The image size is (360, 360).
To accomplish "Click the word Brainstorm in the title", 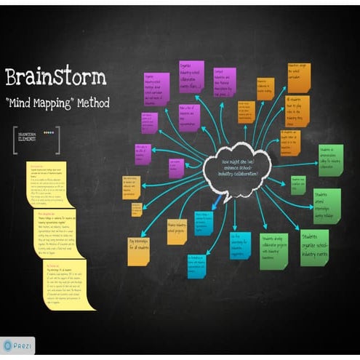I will (x=56, y=77).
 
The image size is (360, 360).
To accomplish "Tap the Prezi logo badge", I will (x=18, y=345).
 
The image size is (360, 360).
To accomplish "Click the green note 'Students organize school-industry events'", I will (x=314, y=247).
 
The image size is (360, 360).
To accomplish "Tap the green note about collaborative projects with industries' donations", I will (x=273, y=249).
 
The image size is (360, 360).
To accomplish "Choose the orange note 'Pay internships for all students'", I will (x=138, y=250).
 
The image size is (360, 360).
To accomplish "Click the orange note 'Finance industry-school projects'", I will (x=177, y=231).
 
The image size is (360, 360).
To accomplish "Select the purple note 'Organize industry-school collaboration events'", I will (x=191, y=76).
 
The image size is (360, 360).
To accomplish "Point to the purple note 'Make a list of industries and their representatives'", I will (x=189, y=116).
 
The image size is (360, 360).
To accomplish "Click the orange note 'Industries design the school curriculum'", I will (x=298, y=77).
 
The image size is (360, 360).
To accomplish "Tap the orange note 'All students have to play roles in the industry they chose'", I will (x=297, y=111).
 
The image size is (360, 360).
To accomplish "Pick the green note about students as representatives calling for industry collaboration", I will (x=330, y=159).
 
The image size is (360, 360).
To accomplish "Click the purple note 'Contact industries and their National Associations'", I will (x=224, y=81).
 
